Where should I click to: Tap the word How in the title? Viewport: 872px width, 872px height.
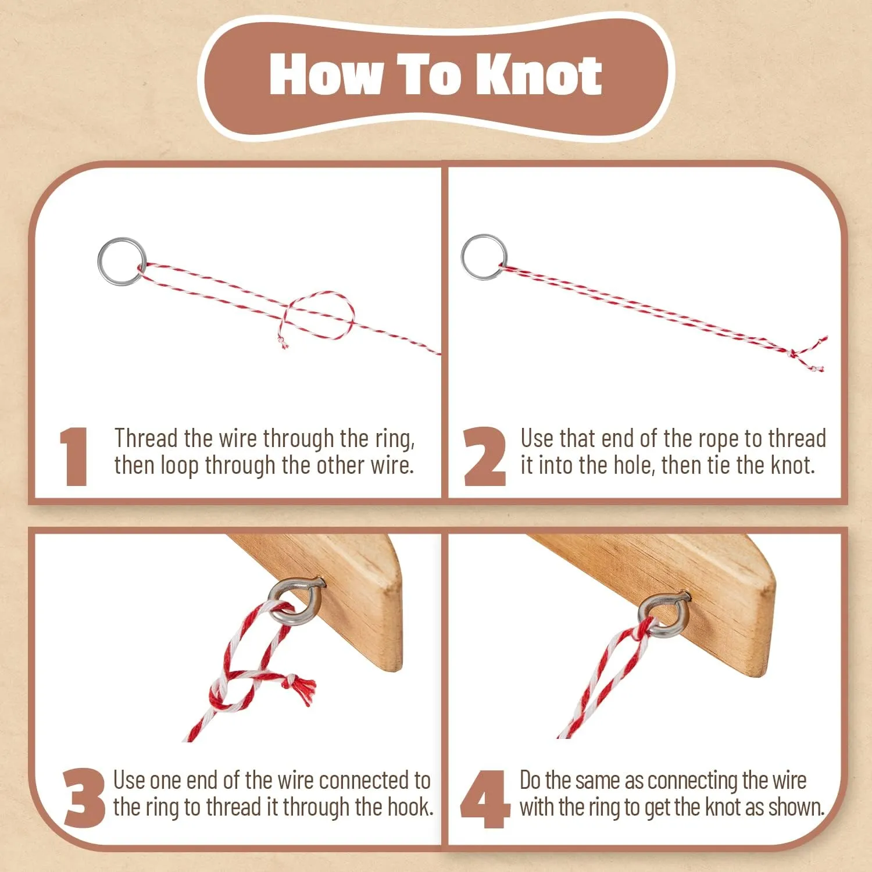pos(326,74)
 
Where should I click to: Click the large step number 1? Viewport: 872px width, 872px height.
pos(74,456)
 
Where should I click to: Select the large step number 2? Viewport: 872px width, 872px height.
pos(484,456)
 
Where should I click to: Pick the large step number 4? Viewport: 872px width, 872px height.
pos(485,799)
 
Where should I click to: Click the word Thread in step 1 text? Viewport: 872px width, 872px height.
pos(145,438)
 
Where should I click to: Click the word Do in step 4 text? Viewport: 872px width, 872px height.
pos(530,780)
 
